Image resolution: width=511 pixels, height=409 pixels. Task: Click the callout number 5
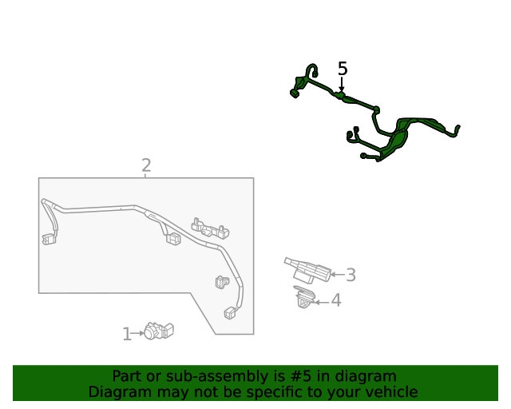[343, 69]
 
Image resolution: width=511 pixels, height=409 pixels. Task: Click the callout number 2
[146, 165]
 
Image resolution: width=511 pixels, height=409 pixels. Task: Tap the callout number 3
[351, 275]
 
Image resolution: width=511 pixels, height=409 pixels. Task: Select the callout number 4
[336, 300]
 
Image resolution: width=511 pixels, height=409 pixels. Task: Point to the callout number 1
[127, 335]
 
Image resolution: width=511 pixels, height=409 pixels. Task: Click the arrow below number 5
[342, 84]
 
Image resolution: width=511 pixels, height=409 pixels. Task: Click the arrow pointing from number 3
[338, 275]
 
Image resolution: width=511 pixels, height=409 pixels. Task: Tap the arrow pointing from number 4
[322, 302]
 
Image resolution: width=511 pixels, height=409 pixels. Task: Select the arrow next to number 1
[137, 333]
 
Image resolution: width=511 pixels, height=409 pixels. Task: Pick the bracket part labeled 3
[307, 270]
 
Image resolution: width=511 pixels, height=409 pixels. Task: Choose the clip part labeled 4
[305, 297]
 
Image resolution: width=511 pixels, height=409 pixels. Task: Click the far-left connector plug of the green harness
[295, 93]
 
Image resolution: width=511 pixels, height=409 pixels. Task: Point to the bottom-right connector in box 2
[230, 313]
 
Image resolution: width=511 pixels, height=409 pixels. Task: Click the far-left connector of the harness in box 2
[49, 239]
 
